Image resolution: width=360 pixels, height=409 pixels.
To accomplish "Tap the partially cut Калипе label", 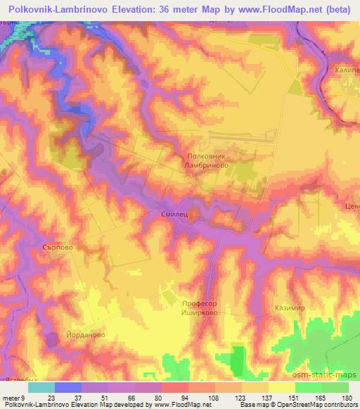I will pyautogui.click(x=347, y=70).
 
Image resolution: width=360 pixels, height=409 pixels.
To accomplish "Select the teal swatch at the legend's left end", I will pyautogui.click(x=41, y=387).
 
